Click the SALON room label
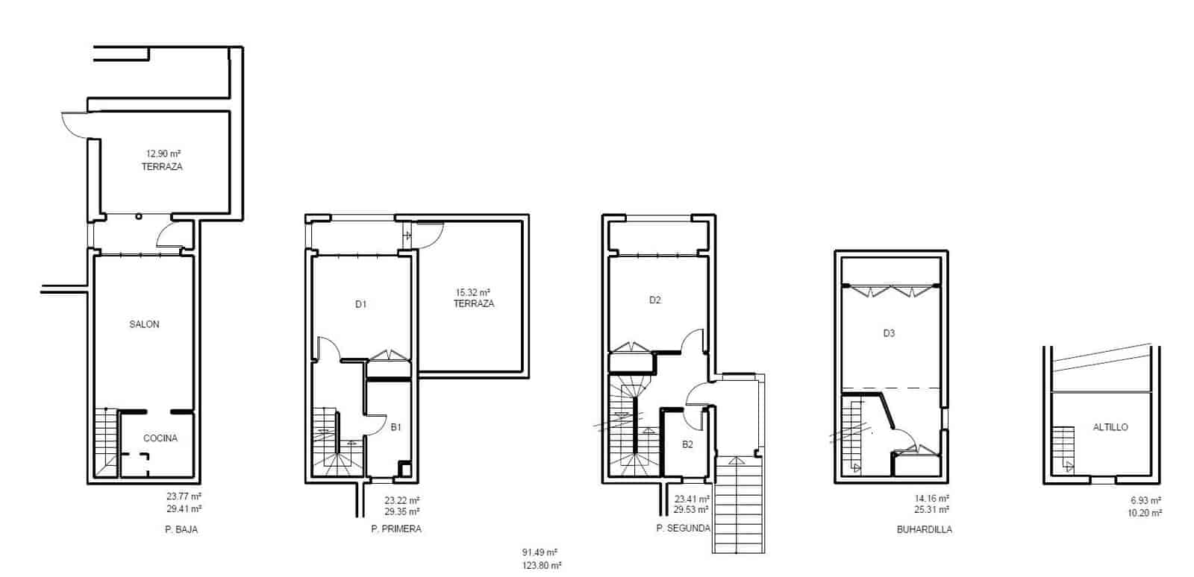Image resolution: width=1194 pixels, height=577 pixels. coord(144,324)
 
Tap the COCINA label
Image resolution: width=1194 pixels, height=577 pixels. coord(160,438)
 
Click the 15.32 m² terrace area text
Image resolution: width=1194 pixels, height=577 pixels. coord(473,292)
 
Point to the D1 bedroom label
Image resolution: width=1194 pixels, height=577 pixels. coord(361,304)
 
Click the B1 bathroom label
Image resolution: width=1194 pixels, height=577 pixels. coord(396,428)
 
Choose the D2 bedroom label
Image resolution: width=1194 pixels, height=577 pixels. coord(654,300)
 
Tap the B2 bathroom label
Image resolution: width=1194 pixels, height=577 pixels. coord(688,444)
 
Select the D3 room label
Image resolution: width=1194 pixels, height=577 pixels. coord(889,333)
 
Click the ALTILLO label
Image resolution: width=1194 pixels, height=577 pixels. coord(1110,428)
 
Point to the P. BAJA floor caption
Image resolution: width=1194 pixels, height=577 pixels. coord(181,529)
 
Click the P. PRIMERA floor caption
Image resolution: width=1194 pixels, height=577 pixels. coord(396,529)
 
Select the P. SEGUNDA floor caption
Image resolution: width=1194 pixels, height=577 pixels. coord(684,529)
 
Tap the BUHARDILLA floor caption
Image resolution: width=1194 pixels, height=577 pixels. coord(925,529)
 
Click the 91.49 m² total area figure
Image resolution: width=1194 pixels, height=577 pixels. coord(541,553)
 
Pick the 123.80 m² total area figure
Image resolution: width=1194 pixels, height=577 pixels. coord(541,566)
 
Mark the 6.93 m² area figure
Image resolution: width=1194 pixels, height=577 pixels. coord(1145,500)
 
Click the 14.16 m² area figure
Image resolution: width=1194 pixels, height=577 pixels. coord(934,498)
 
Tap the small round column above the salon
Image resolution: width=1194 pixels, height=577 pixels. coord(139,217)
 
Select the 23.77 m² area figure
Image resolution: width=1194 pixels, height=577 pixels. coord(184,496)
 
